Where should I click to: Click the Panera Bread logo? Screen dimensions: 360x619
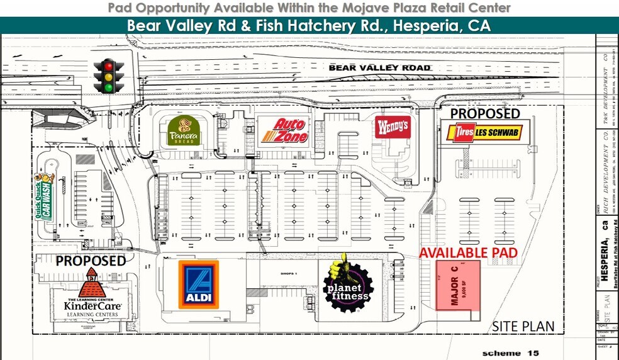pos(184,131)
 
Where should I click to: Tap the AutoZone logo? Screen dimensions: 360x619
pos(284,131)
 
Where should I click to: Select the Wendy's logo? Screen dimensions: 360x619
pos(393,127)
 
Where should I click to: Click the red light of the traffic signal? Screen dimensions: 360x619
pos(109,66)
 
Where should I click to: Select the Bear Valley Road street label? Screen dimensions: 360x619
pos(380,67)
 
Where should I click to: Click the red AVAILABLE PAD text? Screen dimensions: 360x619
pos(468,252)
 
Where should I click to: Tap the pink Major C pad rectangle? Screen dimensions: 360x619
pos(458,285)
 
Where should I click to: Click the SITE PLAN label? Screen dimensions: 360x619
pos(523,326)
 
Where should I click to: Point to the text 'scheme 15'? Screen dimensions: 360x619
pos(510,353)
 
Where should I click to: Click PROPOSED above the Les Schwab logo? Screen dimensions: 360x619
pos(485,113)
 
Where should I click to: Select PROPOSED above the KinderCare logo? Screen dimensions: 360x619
pos(91,260)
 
